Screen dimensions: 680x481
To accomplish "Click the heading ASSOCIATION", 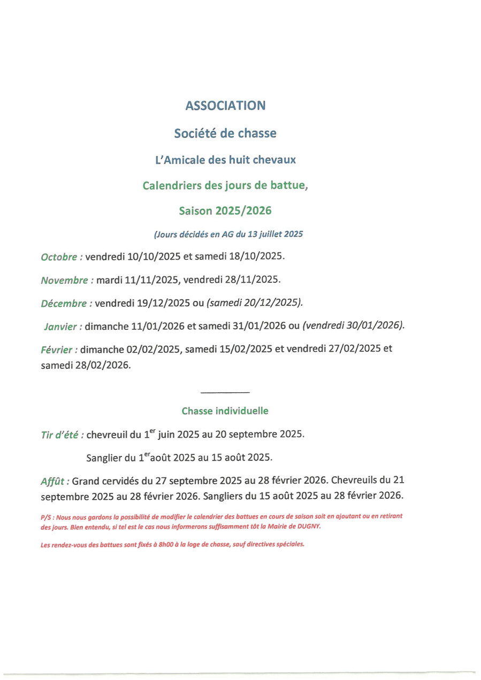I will (x=225, y=106).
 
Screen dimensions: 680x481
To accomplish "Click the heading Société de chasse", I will (x=225, y=134).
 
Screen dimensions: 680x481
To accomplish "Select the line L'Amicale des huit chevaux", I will (x=225, y=160).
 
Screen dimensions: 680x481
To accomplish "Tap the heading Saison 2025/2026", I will (x=225, y=211).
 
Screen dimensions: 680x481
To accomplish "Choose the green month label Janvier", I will (x=64, y=327).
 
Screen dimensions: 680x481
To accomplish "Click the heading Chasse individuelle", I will (x=225, y=411).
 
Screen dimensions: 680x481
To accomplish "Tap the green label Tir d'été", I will (x=62, y=435).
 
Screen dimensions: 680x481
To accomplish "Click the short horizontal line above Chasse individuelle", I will (x=225, y=393).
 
